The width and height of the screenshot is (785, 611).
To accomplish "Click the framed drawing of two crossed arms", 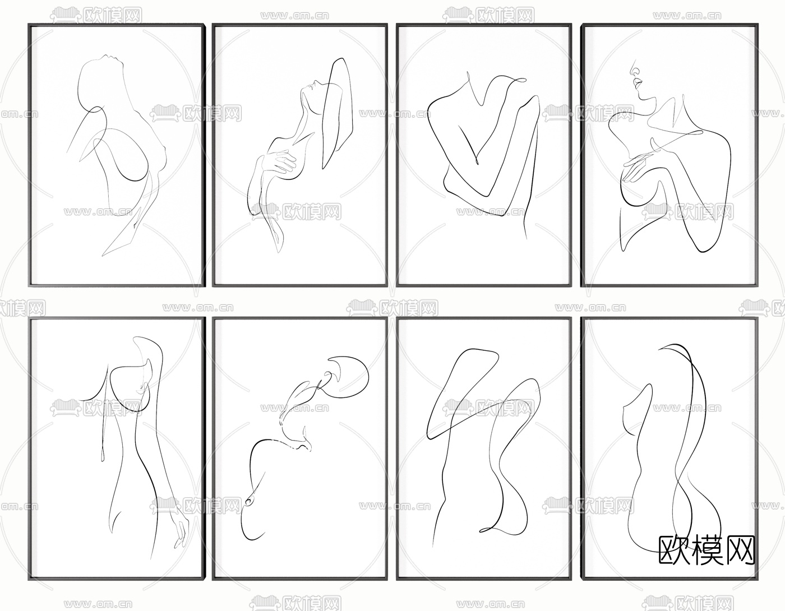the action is point(484,155).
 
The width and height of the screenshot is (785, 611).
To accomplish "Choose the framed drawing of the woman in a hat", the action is point(300,155).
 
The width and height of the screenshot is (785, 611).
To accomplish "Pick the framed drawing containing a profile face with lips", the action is point(669,155).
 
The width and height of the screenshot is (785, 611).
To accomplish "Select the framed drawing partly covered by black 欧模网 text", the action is point(669,449).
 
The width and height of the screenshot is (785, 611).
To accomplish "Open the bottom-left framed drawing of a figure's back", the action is point(117,449).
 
